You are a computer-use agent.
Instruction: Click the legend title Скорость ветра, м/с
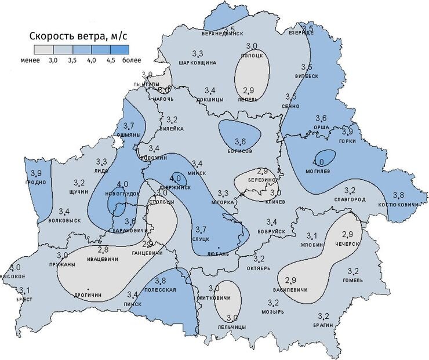[79, 37]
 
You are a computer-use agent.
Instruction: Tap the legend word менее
[30, 60]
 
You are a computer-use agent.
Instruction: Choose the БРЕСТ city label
[24, 299]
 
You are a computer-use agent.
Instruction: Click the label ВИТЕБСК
[307, 76]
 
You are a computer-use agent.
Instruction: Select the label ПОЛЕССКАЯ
[160, 289]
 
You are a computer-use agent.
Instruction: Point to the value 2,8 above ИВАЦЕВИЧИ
[103, 250]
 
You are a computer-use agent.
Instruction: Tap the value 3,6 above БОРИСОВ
[240, 142]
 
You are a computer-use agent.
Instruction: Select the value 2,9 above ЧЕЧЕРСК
[348, 234]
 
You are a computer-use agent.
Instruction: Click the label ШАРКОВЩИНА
[197, 62]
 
